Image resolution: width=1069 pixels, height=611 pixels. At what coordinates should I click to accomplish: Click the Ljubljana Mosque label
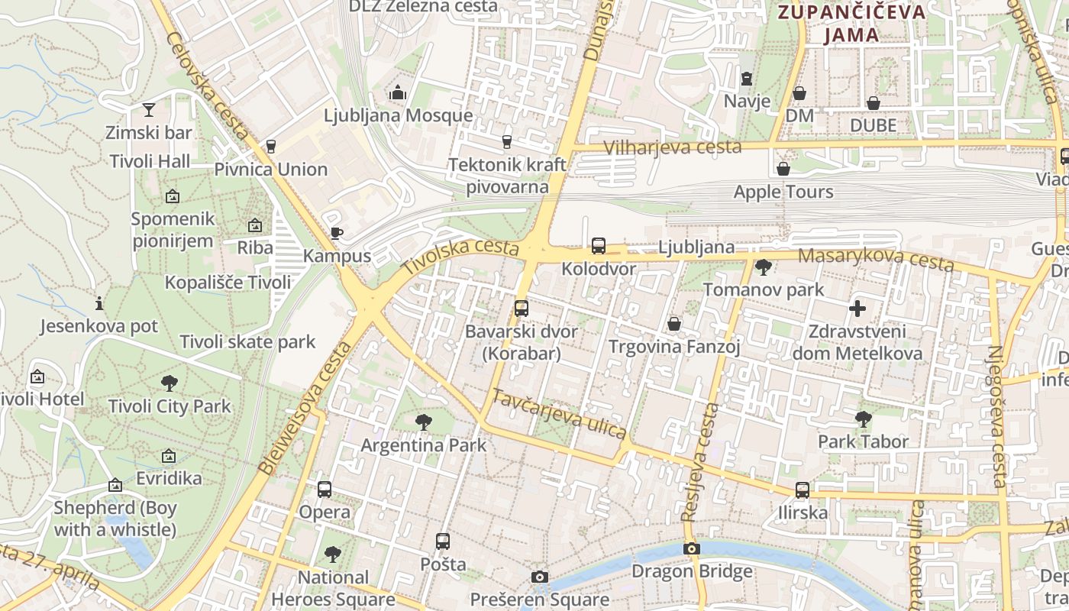click(398, 115)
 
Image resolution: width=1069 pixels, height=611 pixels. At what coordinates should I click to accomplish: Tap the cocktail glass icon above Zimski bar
click(148, 110)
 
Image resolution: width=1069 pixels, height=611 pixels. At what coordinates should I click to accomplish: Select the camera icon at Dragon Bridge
click(691, 548)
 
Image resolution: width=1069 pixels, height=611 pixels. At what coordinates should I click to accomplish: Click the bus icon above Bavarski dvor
click(522, 309)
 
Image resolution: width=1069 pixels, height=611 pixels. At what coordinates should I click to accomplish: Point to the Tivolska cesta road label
click(460, 256)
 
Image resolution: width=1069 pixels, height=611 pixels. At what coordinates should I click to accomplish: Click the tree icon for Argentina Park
click(423, 422)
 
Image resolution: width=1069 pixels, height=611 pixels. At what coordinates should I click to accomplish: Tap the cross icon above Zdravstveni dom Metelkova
click(857, 309)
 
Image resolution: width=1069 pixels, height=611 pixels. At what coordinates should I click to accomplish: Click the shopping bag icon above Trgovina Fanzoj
click(674, 324)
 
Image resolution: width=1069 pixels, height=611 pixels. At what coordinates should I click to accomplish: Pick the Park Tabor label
click(863, 441)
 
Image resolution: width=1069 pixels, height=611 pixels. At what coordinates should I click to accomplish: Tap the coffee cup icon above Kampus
click(336, 233)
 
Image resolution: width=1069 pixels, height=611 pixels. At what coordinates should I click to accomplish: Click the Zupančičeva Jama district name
click(851, 23)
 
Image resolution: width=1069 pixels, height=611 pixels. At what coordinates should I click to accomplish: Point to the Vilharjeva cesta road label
click(672, 147)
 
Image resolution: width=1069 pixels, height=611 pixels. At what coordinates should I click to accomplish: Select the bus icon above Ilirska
click(802, 490)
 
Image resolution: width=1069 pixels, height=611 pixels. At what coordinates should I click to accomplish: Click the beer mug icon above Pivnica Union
click(270, 146)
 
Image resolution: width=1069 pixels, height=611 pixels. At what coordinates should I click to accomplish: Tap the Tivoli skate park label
click(247, 341)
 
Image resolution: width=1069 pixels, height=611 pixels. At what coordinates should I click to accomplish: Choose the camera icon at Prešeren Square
click(540, 577)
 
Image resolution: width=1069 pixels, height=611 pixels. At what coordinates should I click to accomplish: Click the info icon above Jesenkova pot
click(99, 303)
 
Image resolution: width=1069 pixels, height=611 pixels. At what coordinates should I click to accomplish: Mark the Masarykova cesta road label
click(876, 260)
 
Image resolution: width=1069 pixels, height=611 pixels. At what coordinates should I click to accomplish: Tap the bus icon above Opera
click(325, 490)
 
